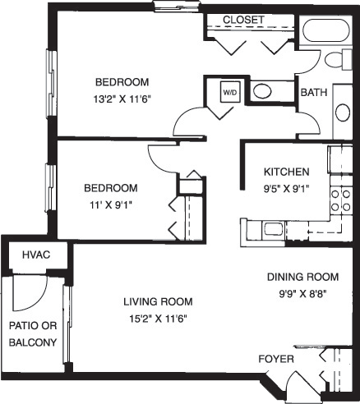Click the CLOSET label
pyautogui.click(x=244, y=20)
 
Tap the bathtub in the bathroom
pyautogui.click(x=326, y=32)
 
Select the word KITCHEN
pyautogui.click(x=286, y=172)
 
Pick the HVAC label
pyautogui.click(x=37, y=256)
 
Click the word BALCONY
pyautogui.click(x=34, y=342)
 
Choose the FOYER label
pyautogui.click(x=276, y=360)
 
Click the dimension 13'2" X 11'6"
pyautogui.click(x=122, y=97)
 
